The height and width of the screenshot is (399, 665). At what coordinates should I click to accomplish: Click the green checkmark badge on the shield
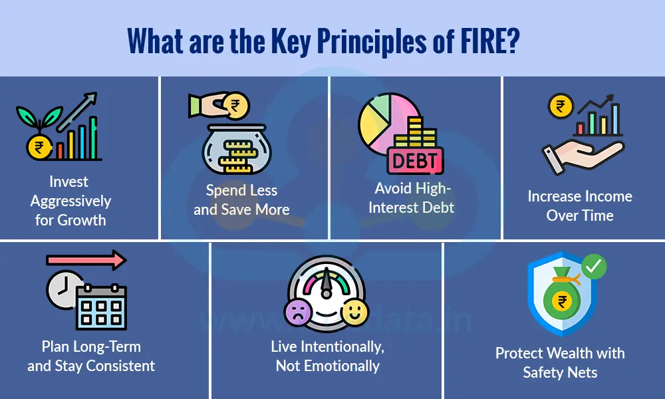tap(593, 267)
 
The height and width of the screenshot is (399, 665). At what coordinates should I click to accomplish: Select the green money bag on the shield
tap(560, 297)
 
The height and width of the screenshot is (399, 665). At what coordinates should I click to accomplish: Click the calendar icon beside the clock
tap(101, 307)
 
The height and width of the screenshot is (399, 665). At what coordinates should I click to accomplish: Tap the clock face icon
tap(65, 289)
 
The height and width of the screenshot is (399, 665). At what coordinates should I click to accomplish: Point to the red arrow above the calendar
tap(86, 260)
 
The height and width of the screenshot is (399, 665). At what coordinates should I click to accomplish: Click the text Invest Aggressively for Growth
tap(70, 201)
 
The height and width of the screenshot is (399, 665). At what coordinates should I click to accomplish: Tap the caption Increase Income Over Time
tap(580, 205)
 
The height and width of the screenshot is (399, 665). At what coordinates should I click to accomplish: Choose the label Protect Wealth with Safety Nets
tap(560, 362)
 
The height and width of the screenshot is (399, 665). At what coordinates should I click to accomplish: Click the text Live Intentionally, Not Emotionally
tap(327, 356)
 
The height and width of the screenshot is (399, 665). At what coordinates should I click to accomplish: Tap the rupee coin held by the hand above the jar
tap(233, 105)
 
